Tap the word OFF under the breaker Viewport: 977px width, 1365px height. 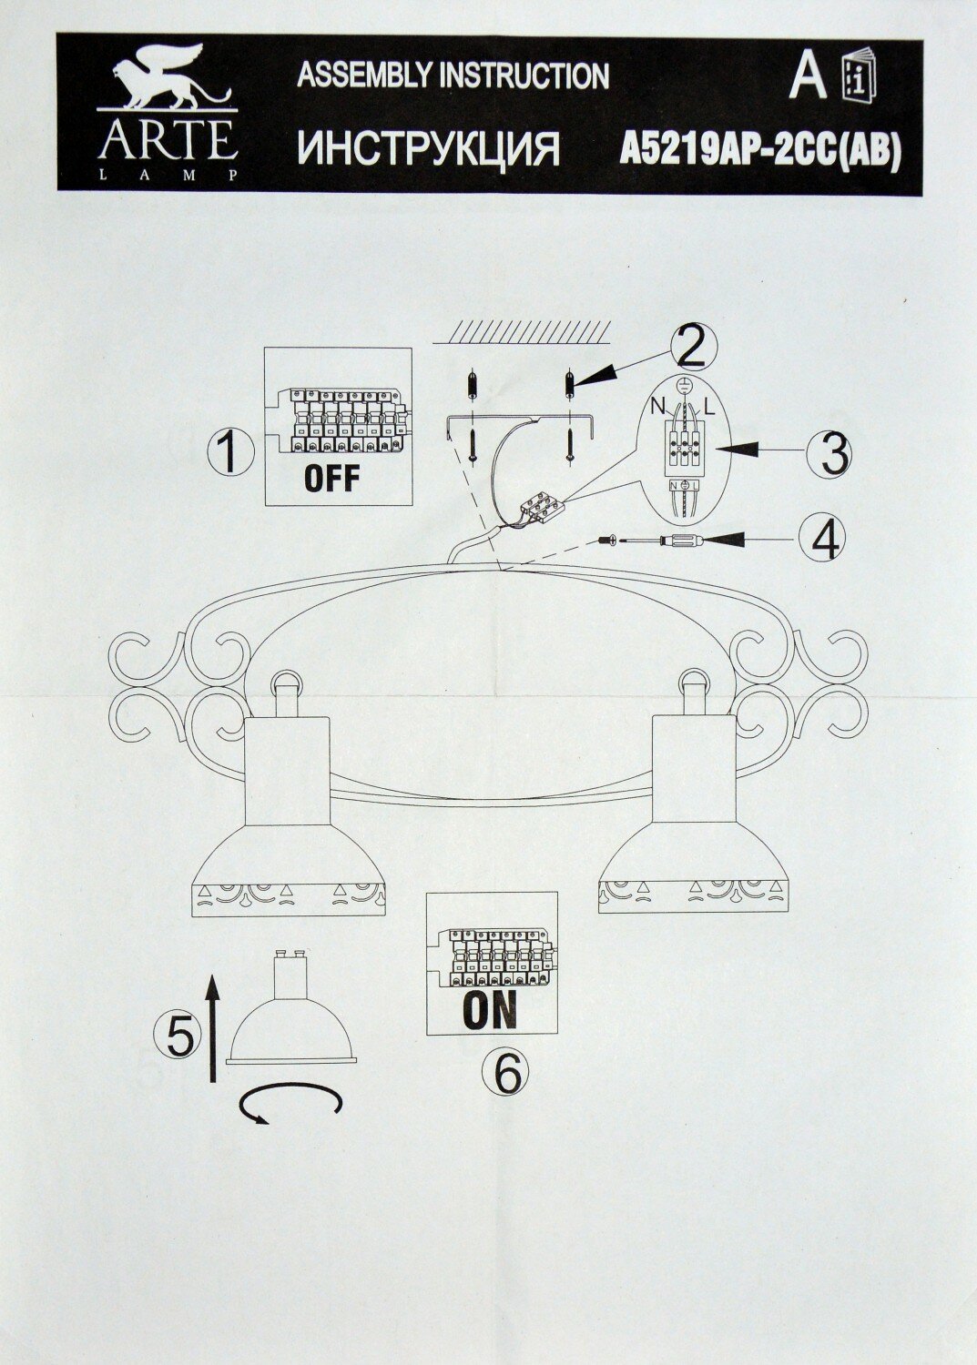(x=331, y=478)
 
